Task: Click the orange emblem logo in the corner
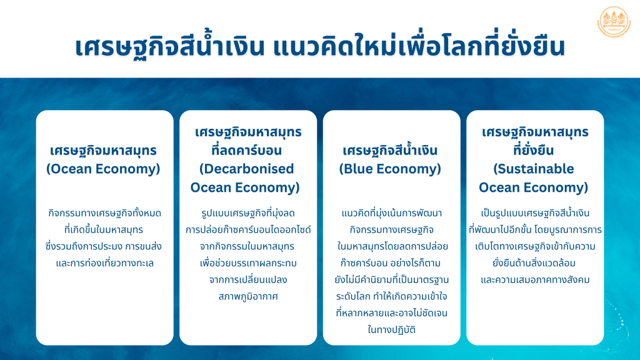coord(614,22)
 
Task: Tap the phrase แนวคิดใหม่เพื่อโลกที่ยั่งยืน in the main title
coord(419,46)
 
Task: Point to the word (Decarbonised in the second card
coord(246,169)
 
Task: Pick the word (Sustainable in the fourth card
coord(534,169)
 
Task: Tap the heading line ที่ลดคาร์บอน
coord(246,150)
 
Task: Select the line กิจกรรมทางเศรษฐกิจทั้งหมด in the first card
coord(104,213)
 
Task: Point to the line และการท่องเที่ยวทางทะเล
coord(104,263)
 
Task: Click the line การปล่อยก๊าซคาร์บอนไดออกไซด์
coord(248,230)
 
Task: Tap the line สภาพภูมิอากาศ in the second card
coord(248,297)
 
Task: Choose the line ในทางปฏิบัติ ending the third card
coord(391,330)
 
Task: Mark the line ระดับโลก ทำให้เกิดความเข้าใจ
coord(391,296)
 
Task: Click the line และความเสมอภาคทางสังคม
coord(535,280)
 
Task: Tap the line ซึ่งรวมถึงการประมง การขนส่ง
coord(104,246)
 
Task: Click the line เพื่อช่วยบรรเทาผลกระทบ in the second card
coord(248,263)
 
